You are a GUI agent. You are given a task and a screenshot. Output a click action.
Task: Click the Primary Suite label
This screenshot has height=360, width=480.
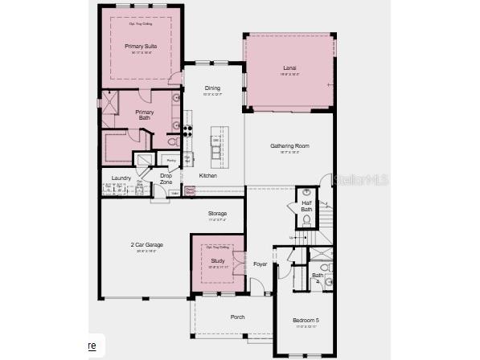tap(141, 47)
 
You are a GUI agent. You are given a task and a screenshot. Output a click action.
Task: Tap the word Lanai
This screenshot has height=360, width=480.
tap(289, 68)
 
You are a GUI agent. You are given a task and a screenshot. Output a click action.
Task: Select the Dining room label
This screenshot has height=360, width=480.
tap(212, 88)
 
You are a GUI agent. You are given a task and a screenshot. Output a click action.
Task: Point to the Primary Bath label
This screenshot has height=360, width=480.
tap(144, 115)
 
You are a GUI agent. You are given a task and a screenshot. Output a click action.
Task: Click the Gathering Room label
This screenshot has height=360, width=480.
tap(289, 146)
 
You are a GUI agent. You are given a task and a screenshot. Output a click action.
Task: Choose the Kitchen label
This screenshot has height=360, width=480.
tap(208, 175)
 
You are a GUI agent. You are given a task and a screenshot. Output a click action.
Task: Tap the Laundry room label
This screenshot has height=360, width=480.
tap(121, 178)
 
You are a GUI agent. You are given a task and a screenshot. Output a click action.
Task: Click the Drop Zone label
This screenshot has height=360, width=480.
tap(166, 179)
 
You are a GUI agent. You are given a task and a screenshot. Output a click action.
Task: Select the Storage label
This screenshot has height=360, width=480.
tap(218, 213)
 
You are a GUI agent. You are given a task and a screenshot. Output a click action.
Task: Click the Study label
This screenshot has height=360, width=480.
tap(218, 260)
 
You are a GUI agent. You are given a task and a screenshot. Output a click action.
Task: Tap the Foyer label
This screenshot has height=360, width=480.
tap(261, 264)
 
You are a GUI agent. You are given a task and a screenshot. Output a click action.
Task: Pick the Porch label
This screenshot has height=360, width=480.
tap(238, 317)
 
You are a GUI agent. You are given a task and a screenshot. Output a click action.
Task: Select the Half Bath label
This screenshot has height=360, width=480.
tap(306, 206)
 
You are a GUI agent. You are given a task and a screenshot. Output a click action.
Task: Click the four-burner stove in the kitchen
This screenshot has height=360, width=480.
tap(188, 130)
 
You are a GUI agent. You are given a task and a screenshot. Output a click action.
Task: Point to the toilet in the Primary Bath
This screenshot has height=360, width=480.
tap(172, 142)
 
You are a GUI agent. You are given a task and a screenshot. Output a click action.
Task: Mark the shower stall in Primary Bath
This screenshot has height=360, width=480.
tap(109, 102)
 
